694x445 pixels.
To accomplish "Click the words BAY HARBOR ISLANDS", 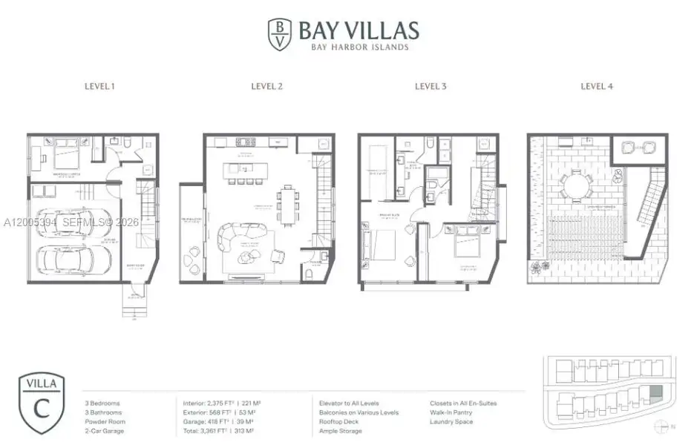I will tap(358, 47).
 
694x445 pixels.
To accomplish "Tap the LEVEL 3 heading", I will tap(431, 86).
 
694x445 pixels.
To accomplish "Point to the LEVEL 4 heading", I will tap(596, 86).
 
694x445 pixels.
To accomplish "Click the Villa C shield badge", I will tap(42, 403).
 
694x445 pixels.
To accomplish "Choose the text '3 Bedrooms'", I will tap(102, 403).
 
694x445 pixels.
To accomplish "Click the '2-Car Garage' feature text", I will tap(105, 430).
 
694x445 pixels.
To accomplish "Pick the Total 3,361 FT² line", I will tap(223, 430).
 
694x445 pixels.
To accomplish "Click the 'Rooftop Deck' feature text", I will tap(340, 421).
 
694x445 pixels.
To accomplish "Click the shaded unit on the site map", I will tap(655, 393).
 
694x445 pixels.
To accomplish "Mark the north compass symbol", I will tap(661, 426).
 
